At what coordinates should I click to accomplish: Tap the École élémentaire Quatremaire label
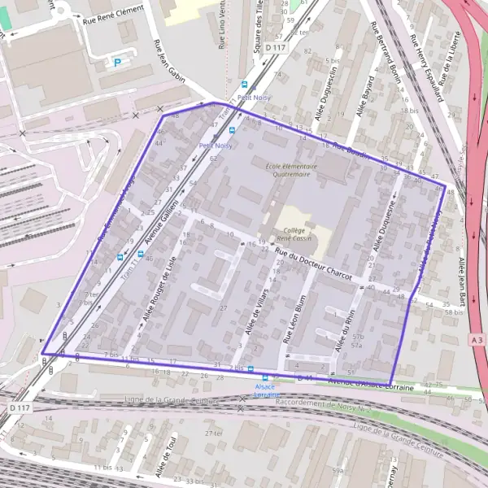[288, 169]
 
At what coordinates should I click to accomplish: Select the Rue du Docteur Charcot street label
[314, 265]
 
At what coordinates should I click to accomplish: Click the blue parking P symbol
[116, 61]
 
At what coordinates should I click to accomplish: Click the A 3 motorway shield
[478, 338]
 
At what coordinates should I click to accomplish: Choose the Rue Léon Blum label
[298, 319]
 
